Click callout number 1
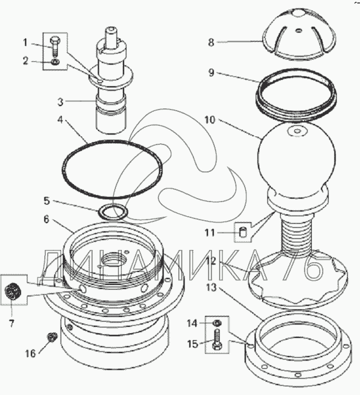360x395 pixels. coord(26,42)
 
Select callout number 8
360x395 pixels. coord(211,42)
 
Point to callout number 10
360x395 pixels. coord(210,121)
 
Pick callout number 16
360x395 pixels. coord(29,352)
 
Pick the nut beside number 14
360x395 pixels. coord(217,322)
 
